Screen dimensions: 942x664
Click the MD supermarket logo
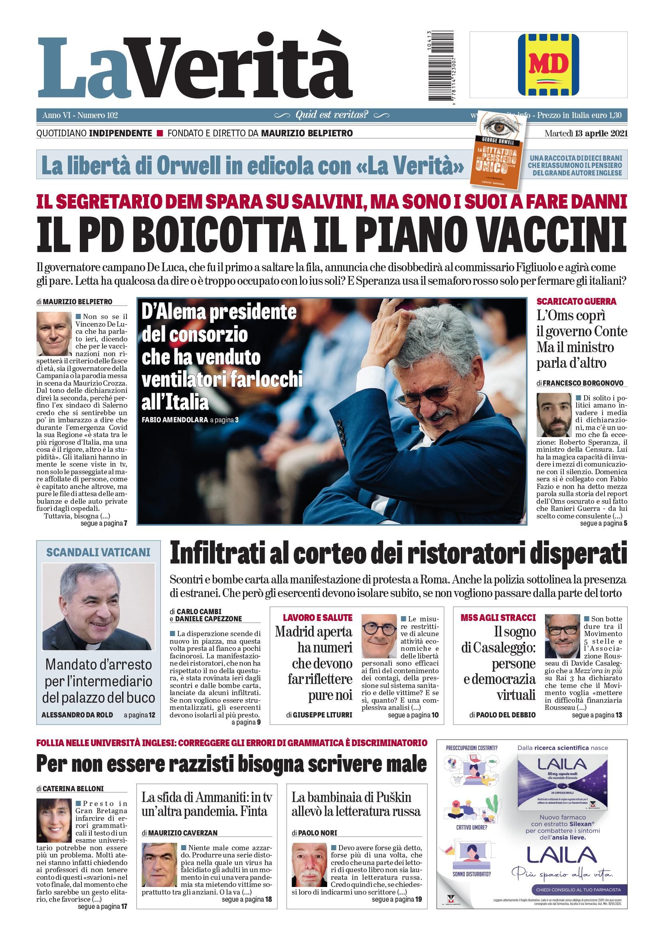click(548, 65)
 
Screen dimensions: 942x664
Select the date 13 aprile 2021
click(596, 133)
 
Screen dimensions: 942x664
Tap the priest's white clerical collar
click(93, 646)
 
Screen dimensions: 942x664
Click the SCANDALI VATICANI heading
click(98, 552)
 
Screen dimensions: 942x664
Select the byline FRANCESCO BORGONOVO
click(583, 383)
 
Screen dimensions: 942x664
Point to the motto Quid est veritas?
click(332, 115)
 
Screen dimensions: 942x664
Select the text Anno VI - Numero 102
click(80, 115)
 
